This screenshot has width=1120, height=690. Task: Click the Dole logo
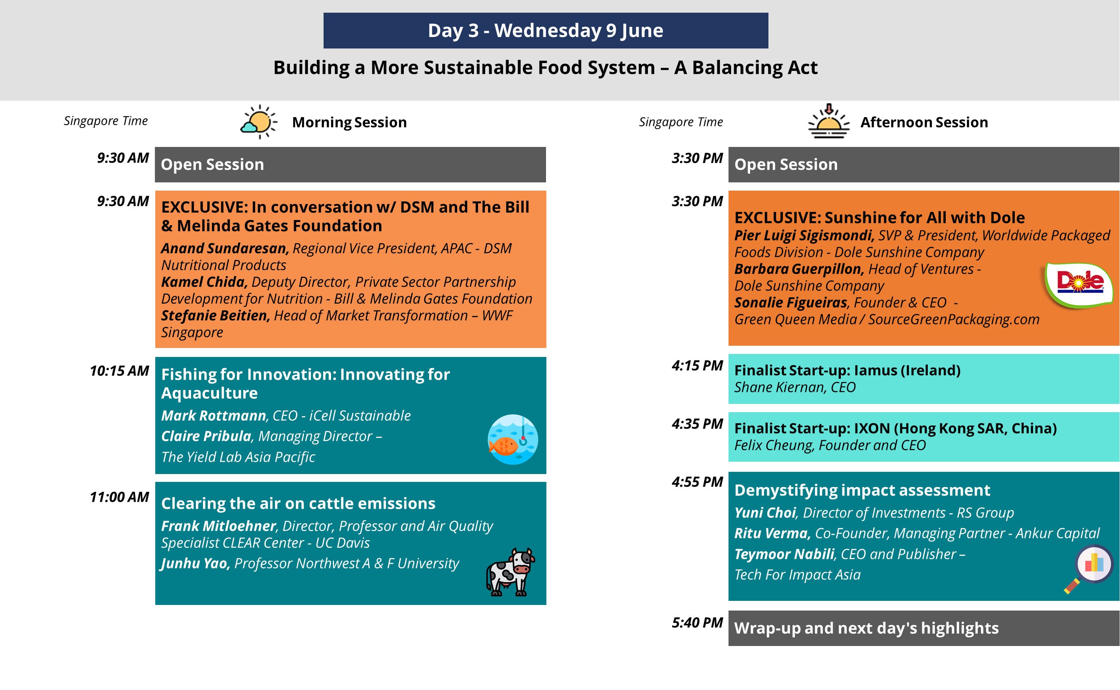click(x=1079, y=284)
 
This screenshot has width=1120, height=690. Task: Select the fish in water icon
click(x=512, y=439)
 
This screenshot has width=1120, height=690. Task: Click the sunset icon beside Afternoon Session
click(x=828, y=121)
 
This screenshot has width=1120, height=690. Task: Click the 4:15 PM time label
click(x=697, y=365)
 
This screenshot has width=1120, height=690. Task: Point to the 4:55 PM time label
click(x=697, y=482)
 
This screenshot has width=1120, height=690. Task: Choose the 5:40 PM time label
click(x=697, y=622)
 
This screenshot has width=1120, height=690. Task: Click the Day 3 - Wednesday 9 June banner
click(x=546, y=31)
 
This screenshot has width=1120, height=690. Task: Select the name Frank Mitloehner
click(x=219, y=526)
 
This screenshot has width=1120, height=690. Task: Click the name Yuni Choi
click(x=765, y=512)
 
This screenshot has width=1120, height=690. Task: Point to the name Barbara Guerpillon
click(x=799, y=269)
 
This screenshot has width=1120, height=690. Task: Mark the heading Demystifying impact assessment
click(x=862, y=490)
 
